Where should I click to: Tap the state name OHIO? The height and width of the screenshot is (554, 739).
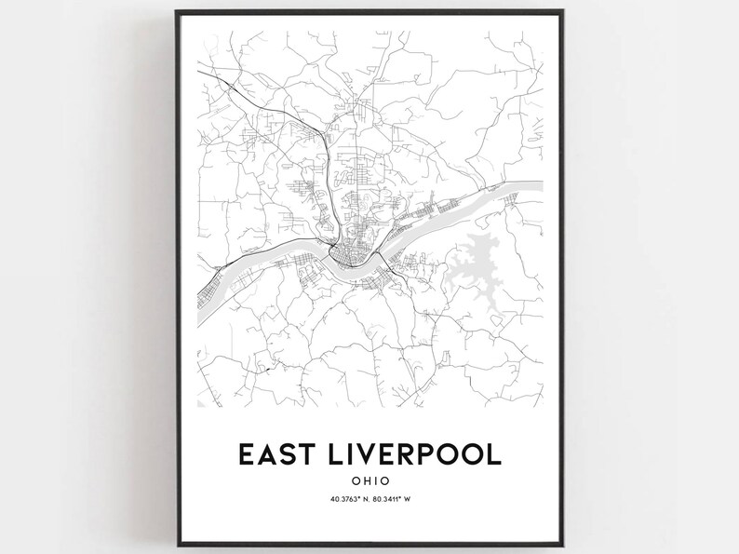click(x=369, y=481)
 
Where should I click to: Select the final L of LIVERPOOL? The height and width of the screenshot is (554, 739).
click(x=493, y=453)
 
